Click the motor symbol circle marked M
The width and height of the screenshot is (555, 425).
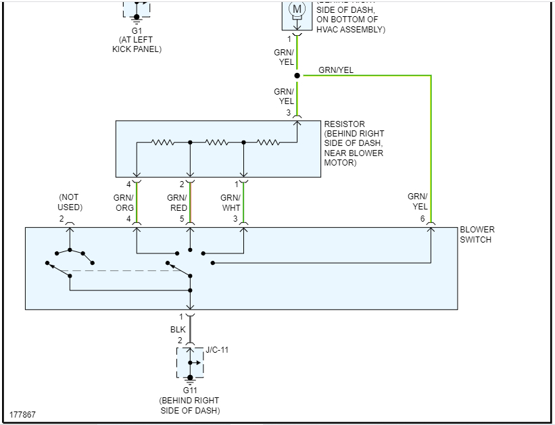coord(297,9)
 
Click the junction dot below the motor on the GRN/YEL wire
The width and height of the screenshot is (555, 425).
coord(297,75)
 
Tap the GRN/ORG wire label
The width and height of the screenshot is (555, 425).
coord(124,203)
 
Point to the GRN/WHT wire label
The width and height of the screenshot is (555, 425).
coord(231,203)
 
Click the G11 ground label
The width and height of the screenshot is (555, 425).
coord(190,391)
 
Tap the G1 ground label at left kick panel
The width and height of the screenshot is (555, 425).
coord(137,30)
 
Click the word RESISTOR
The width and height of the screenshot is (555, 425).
coord(344,124)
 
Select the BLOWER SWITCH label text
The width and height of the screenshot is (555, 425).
coord(477,234)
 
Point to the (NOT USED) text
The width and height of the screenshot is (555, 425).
coord(70,202)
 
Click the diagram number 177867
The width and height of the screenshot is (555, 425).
coord(23,414)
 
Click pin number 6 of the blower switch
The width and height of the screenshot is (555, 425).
coord(423,219)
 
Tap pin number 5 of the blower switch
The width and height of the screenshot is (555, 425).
coord(182,219)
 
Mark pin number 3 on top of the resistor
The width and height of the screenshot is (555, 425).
coord(289,112)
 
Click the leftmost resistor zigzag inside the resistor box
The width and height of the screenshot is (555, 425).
coord(163,142)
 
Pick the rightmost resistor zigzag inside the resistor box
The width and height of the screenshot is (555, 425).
coord(268,142)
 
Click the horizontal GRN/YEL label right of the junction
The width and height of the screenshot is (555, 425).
coord(335,70)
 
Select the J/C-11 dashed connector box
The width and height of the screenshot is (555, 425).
coord(190,364)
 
